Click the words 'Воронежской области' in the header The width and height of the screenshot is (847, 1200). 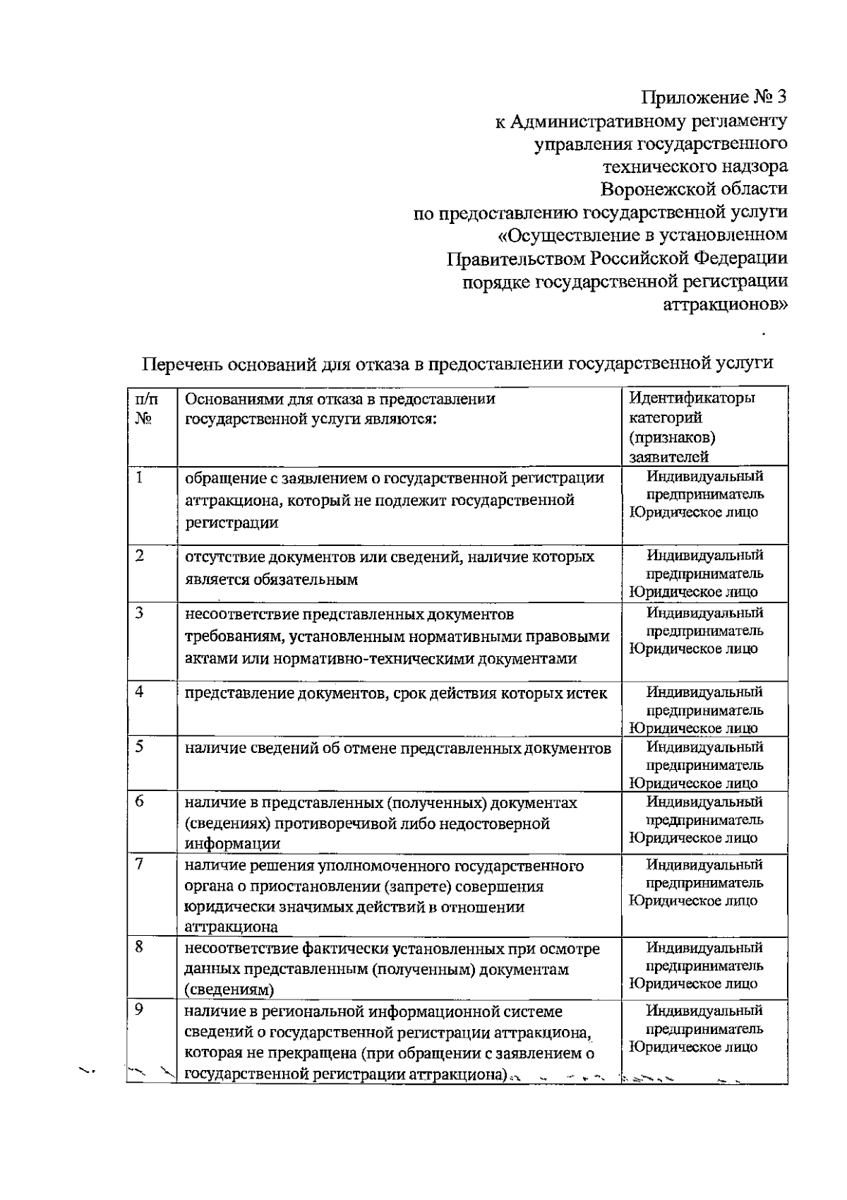(694, 189)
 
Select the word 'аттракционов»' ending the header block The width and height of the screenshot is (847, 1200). (726, 304)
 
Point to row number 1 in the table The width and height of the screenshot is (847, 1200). (140, 478)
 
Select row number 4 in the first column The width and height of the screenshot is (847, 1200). (140, 692)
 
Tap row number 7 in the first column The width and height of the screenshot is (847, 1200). (140, 864)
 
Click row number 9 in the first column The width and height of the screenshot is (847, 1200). (140, 1010)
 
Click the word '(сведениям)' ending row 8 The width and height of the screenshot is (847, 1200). (229, 990)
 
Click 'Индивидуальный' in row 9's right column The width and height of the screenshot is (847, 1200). (704, 1011)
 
